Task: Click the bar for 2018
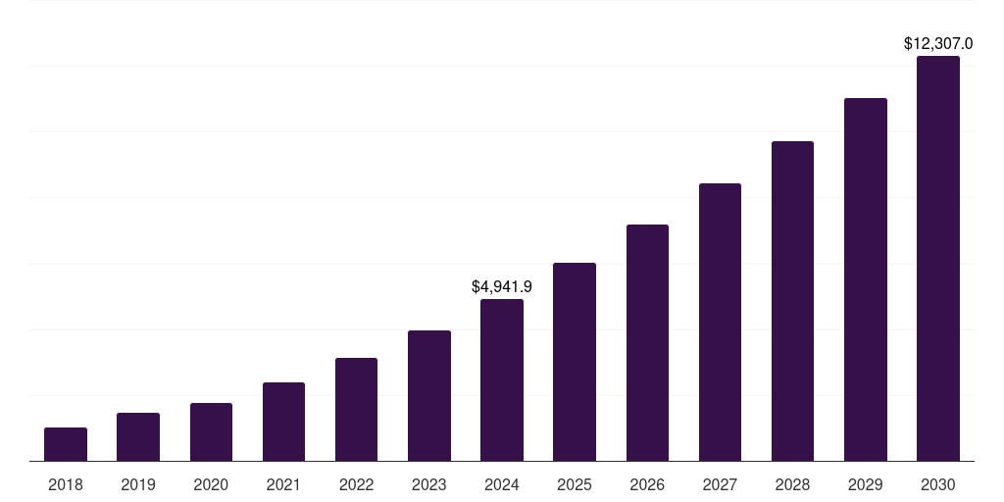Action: pyautogui.click(x=66, y=444)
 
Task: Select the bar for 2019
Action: pyautogui.click(x=138, y=437)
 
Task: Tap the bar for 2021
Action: pyautogui.click(x=283, y=422)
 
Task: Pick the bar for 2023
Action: pyautogui.click(x=429, y=396)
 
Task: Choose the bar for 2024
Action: pyautogui.click(x=502, y=380)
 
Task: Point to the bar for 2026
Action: pyautogui.click(x=647, y=343)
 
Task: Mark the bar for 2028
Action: pyautogui.click(x=792, y=301)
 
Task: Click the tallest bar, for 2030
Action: pyautogui.click(x=938, y=259)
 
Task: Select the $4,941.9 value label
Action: pyautogui.click(x=502, y=287)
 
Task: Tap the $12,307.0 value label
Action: pyautogui.click(x=938, y=44)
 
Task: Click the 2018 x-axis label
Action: pyautogui.click(x=66, y=484)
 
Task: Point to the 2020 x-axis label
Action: pyautogui.click(x=211, y=484)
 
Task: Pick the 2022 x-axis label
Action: pyautogui.click(x=356, y=484)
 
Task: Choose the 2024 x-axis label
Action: pyautogui.click(x=502, y=484)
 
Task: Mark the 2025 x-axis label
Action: pyautogui.click(x=575, y=484)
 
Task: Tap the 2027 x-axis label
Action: pyautogui.click(x=720, y=484)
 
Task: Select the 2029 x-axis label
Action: pyautogui.click(x=865, y=484)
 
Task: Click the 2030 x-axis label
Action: pyautogui.click(x=938, y=484)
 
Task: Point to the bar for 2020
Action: pyautogui.click(x=211, y=432)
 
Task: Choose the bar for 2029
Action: pyautogui.click(x=865, y=279)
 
